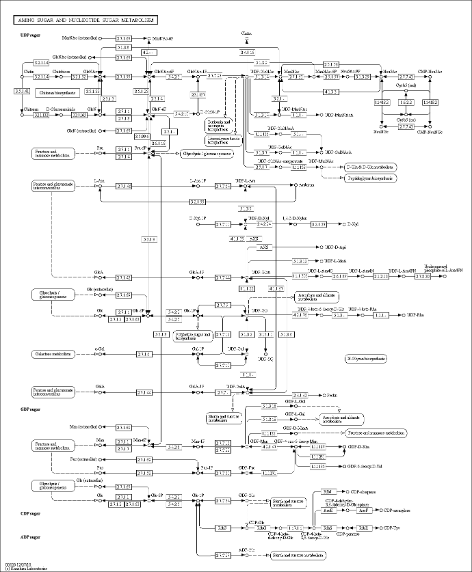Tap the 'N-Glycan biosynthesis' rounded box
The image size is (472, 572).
(366, 357)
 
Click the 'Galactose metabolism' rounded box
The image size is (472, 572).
(52, 353)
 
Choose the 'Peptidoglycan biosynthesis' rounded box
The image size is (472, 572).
(369, 178)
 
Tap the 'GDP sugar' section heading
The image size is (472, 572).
(31, 409)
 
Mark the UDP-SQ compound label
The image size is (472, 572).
(265, 358)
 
